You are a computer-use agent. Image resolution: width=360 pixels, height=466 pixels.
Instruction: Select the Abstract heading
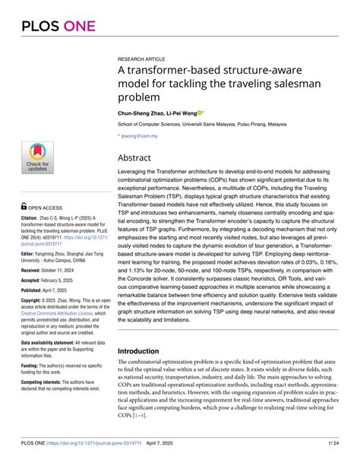[x=139, y=159]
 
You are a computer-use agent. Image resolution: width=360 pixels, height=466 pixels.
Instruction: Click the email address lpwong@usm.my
[x=141, y=136]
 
